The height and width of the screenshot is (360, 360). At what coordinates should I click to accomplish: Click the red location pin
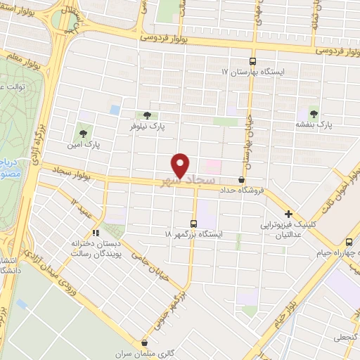[181, 164]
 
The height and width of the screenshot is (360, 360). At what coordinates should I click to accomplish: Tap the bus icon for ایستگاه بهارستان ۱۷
[255, 61]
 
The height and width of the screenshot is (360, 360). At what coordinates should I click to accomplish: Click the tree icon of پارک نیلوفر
[147, 116]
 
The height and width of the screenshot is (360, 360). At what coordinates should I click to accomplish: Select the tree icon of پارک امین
[84, 131]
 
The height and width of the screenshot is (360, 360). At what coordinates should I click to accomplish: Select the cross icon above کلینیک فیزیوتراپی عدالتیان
[288, 214]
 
